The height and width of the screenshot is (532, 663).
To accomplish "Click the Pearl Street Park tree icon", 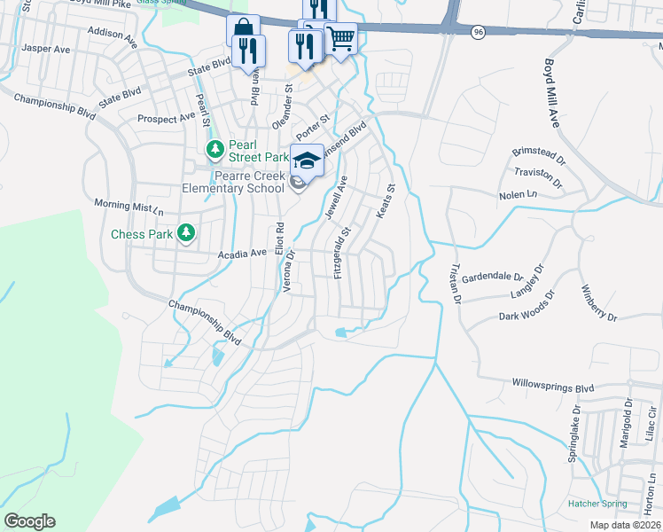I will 214,147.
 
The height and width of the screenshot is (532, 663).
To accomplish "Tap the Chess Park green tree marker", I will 185,233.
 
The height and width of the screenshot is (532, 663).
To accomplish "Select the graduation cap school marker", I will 307,160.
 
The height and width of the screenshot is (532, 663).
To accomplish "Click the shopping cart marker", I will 340,38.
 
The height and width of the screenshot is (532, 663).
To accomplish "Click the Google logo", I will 29,521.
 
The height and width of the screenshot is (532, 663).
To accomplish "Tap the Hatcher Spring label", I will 597,504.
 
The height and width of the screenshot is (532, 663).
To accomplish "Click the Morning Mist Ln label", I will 129,207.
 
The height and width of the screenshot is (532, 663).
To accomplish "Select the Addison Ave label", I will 112,35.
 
